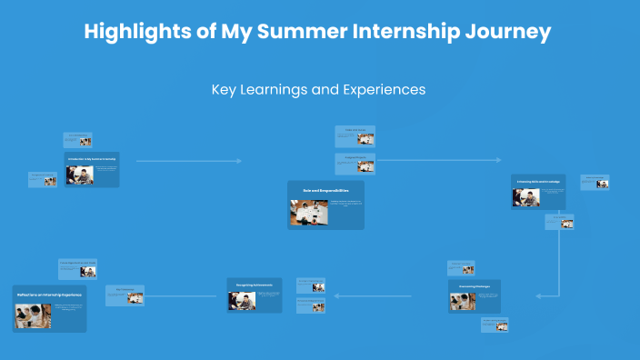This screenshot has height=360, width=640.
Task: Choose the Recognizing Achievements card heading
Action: tap(255, 285)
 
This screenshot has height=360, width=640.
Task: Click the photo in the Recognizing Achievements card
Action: tap(242, 301)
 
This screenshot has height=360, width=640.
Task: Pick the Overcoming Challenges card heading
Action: tap(473, 286)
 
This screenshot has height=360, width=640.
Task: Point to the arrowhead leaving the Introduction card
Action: tap(239, 161)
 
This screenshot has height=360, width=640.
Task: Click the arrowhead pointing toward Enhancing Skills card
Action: tap(497, 161)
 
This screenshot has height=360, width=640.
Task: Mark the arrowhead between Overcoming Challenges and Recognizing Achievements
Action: tap(337, 295)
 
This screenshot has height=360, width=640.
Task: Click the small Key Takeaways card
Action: tap(125, 295)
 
